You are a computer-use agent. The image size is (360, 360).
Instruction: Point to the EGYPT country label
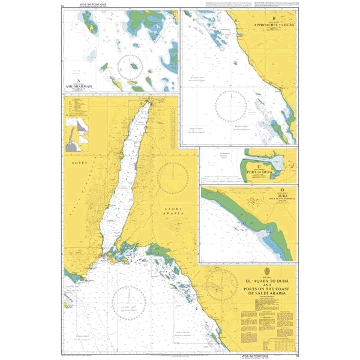pos(79,163)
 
